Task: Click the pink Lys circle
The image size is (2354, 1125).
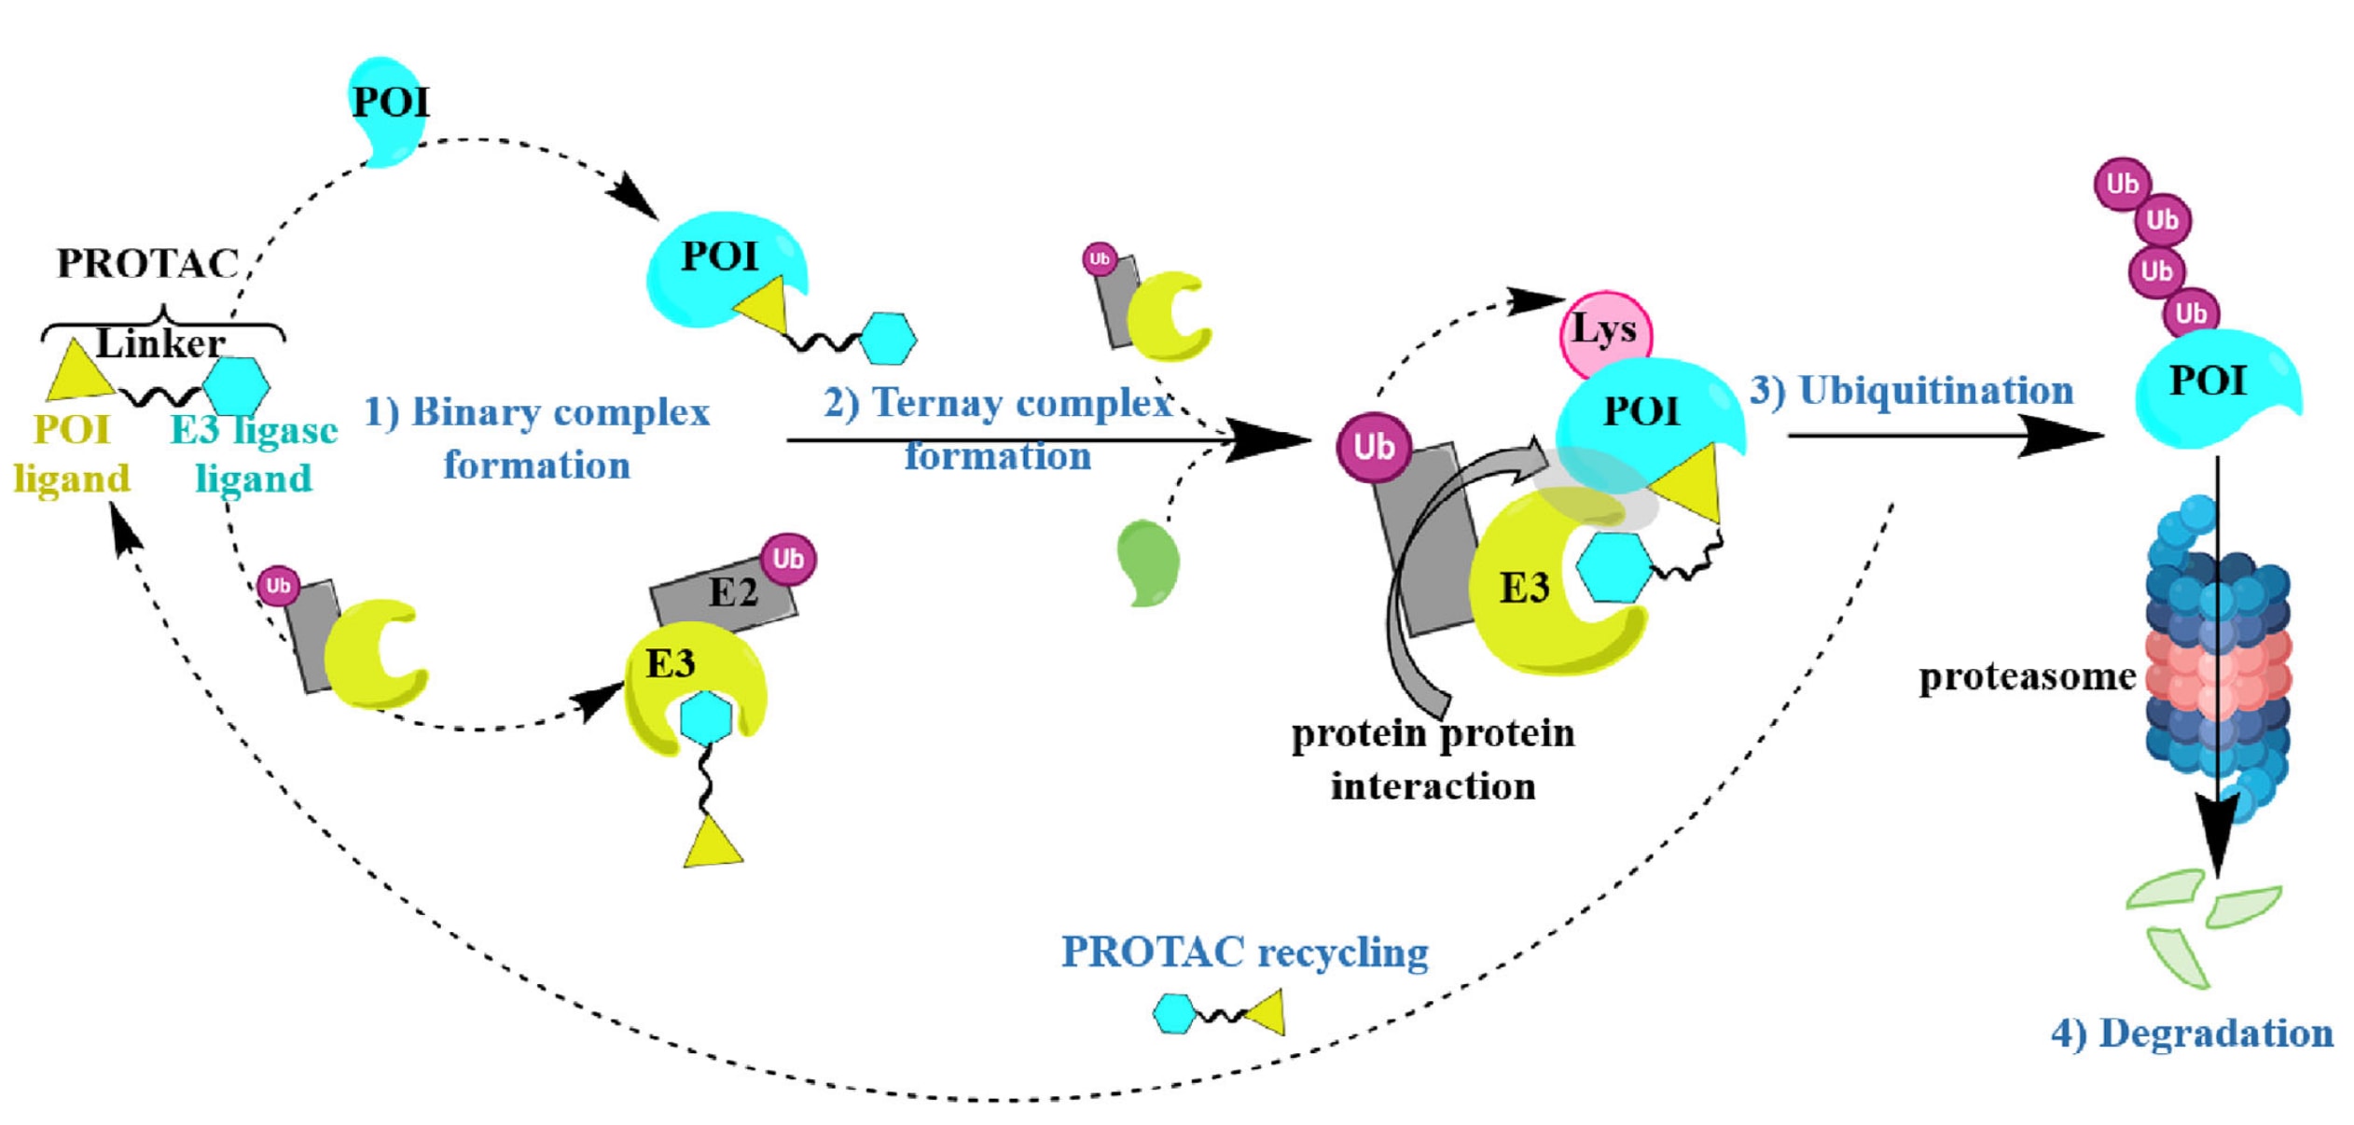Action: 1604,331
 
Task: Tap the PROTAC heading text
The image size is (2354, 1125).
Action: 148,263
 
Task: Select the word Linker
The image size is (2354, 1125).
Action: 160,343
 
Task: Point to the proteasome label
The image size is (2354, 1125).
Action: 2026,676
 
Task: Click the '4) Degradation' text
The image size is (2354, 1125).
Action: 2192,1034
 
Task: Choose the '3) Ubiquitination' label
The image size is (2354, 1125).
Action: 1911,390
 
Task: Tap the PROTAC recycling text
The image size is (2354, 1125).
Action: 1244,951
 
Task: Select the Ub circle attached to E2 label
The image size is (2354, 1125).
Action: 788,559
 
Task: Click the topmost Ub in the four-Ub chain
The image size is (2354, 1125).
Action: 2122,184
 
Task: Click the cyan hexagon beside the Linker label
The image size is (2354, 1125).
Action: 236,385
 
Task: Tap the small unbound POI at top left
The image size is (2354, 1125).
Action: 388,107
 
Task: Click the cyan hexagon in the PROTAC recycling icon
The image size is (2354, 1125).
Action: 1174,1013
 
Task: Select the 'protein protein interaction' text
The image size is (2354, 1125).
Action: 1433,759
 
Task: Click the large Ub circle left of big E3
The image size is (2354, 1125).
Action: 1373,447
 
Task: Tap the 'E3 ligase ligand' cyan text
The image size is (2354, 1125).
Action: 254,454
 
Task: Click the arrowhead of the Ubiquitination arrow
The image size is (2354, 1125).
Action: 2066,436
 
